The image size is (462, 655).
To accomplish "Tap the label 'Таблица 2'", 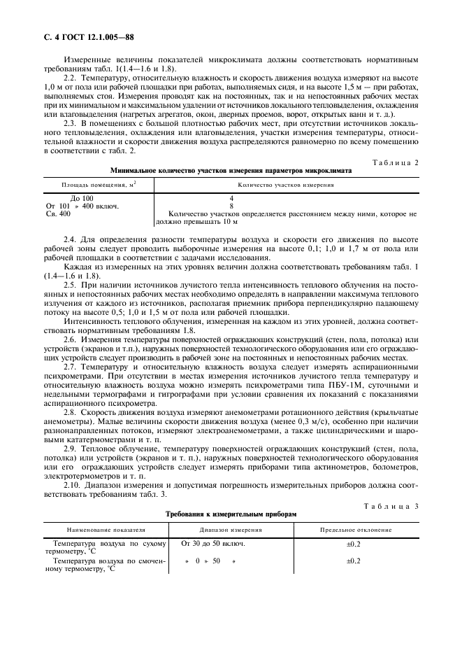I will [396, 162].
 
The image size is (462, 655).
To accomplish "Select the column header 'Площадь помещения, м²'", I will [90, 185].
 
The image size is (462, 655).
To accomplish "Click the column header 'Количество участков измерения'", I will [285, 185].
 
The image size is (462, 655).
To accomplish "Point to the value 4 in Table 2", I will [231, 199].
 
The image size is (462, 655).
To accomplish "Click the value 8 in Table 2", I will [231, 206].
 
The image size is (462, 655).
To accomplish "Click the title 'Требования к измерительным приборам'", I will [231, 514].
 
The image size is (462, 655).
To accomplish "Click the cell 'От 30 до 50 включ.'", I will [212, 544].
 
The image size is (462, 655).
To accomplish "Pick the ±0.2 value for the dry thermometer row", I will [354, 544].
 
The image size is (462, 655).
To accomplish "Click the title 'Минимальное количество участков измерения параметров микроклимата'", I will [231, 171].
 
